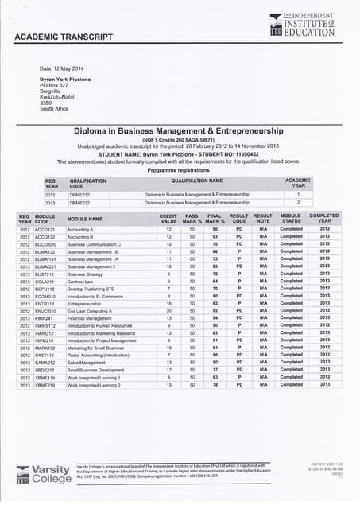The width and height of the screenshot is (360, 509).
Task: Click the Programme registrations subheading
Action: click(179, 170)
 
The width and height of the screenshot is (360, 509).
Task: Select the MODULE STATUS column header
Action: click(291, 218)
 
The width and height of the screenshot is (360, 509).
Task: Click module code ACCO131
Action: click(45, 230)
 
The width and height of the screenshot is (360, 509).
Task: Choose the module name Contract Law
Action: click(81, 281)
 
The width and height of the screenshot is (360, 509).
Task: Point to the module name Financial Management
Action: click(89, 317)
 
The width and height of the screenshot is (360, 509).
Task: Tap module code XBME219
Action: click(45, 384)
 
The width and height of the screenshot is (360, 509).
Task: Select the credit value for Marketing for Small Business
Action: click(168, 348)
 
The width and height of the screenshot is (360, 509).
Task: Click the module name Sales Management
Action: click(85, 362)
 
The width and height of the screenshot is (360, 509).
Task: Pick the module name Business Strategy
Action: click(85, 274)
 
